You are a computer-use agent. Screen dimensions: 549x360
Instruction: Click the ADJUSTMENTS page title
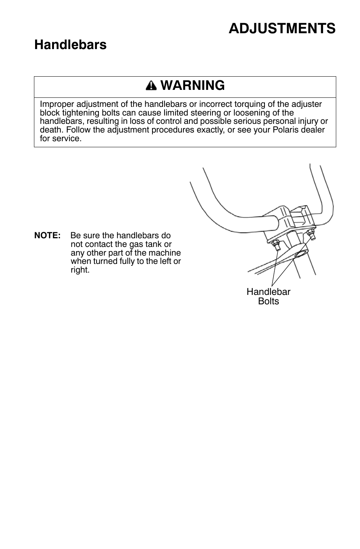pos(282,28)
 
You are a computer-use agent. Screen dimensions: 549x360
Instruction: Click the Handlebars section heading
pos(70,45)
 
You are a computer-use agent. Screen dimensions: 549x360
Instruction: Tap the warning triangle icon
pos(151,86)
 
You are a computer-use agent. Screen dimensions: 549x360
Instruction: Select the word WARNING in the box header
pos(192,86)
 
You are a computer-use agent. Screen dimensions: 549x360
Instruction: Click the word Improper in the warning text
pos(55,104)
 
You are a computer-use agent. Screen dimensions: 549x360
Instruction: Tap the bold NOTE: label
pos(48,236)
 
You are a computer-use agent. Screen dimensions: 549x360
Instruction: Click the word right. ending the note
pos(80,270)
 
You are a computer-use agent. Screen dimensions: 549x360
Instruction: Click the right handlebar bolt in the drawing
pos(311,234)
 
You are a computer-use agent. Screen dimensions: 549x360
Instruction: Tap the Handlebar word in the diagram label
pos(268,292)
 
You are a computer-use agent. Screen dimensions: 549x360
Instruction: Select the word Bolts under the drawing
pos(268,301)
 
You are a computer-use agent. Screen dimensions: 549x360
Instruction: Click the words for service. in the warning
pos(60,139)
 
